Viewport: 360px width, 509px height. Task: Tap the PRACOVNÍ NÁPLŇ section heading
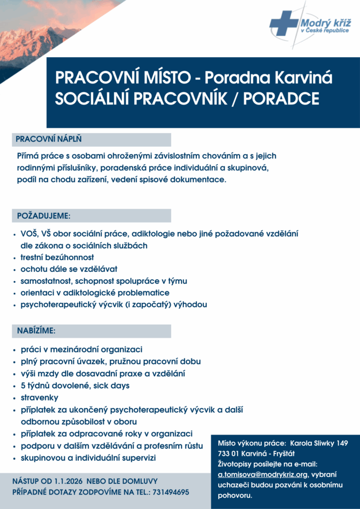49,139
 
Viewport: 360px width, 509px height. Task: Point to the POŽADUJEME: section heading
44,216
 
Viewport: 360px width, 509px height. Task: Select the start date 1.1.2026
69,481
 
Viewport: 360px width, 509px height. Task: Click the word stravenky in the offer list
39,398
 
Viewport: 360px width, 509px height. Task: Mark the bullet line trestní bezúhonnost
57,257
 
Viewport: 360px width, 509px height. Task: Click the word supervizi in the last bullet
141,457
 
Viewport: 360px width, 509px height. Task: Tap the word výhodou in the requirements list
189,305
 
